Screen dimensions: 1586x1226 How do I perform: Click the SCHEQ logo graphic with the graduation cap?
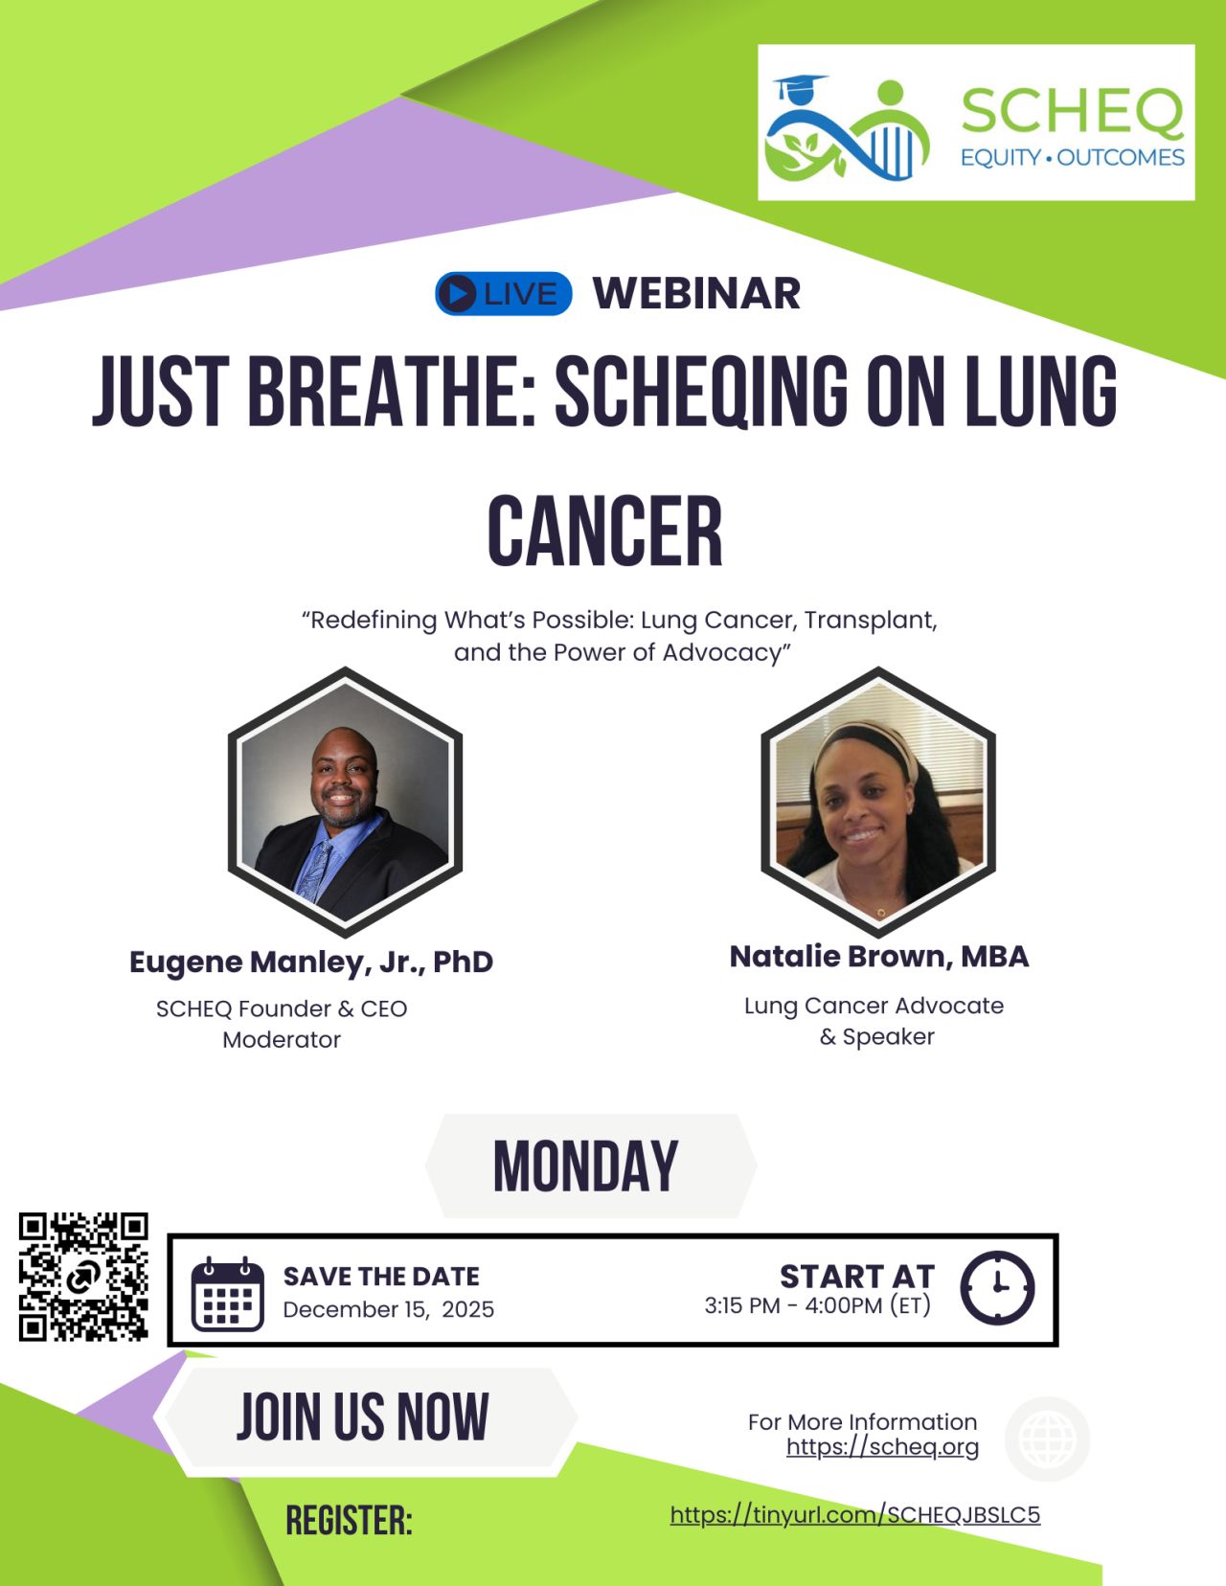pos(848,128)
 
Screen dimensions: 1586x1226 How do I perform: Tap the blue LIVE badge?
pos(504,293)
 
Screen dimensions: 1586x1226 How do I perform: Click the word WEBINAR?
pos(696,293)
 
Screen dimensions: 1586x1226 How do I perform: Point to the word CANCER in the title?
pos(605,532)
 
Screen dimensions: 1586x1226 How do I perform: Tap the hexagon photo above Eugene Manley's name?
pos(345,802)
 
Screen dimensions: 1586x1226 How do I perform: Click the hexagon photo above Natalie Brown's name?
pos(877,802)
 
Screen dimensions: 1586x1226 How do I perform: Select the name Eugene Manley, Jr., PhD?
pos(311,962)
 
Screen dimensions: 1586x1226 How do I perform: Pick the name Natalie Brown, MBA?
pos(879,956)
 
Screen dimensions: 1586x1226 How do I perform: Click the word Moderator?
pos(282,1039)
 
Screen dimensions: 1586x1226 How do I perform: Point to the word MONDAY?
pos(586,1167)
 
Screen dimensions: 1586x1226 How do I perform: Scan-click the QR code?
pos(83,1277)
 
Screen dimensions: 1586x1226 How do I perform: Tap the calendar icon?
pos(227,1294)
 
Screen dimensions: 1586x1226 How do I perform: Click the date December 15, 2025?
pos(389,1309)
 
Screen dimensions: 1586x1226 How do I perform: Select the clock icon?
pos(997,1287)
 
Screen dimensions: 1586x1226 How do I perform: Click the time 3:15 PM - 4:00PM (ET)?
pos(817,1305)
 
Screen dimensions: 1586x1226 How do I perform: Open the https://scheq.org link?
pos(882,1446)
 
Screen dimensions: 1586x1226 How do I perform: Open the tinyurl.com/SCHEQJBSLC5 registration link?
pos(854,1514)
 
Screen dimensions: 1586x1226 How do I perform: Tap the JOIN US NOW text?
pos(363,1417)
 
